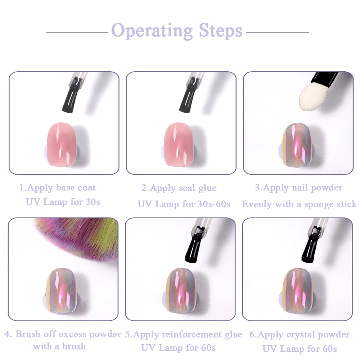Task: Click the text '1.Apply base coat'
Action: [x=58, y=188]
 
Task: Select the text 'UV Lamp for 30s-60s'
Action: [x=184, y=204]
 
